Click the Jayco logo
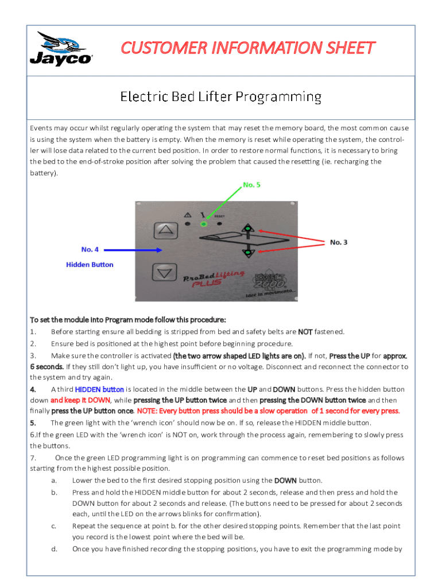click(x=61, y=50)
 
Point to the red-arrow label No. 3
click(x=338, y=242)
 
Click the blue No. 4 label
click(x=90, y=249)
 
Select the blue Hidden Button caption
click(x=90, y=265)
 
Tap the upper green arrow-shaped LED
click(x=247, y=229)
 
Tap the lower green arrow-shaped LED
click(x=247, y=252)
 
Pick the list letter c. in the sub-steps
click(x=53, y=526)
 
